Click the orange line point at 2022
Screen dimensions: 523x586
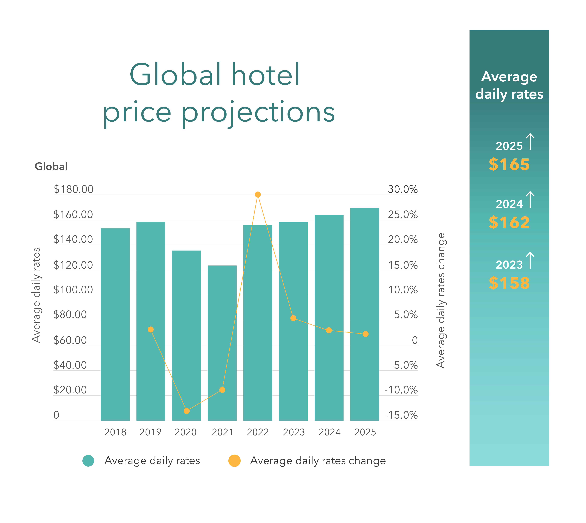(258, 195)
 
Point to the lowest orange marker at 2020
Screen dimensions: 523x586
(186, 411)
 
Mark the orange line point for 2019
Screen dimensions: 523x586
(151, 330)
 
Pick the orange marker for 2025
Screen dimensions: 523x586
(365, 334)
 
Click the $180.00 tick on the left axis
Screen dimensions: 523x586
(74, 189)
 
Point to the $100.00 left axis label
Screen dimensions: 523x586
(73, 290)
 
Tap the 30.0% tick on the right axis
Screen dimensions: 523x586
(403, 189)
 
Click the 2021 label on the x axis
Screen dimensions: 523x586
(222, 432)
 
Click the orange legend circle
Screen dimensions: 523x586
(234, 461)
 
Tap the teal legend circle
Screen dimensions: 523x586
(88, 461)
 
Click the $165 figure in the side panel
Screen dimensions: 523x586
(509, 165)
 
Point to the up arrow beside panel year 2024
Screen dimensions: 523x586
(530, 200)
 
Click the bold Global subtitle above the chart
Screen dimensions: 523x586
(51, 166)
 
